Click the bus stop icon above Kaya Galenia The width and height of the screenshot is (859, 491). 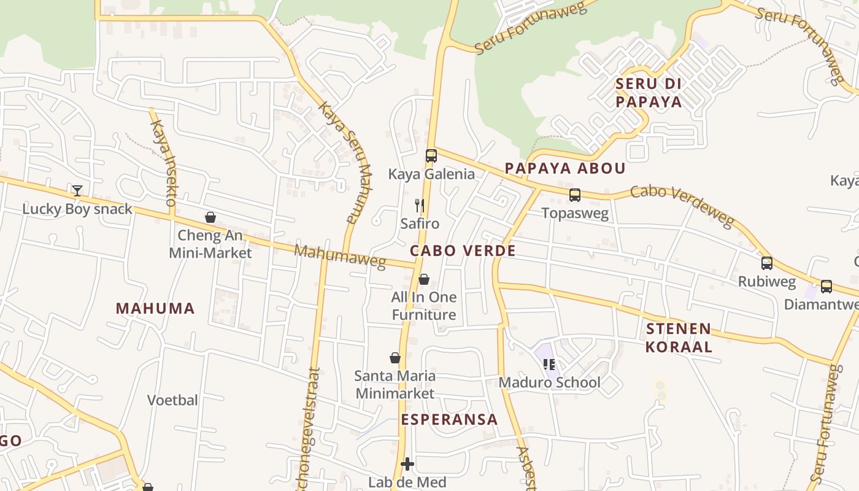(431, 156)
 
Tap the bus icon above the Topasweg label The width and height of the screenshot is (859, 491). (575, 195)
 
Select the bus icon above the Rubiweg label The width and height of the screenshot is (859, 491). (767, 263)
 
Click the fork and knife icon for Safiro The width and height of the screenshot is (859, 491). (420, 205)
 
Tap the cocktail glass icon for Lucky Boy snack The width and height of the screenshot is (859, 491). (77, 191)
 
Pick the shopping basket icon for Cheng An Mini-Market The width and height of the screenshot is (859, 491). (210, 217)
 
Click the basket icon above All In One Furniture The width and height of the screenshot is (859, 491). (424, 280)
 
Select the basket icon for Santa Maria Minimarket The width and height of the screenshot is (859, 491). (395, 358)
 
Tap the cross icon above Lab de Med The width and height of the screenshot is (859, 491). (407, 464)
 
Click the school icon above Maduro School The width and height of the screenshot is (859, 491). (549, 365)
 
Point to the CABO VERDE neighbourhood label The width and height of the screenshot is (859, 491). (463, 250)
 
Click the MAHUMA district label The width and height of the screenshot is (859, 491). (155, 308)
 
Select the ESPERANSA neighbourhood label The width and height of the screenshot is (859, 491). (449, 419)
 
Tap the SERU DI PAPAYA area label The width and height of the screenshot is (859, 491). (649, 93)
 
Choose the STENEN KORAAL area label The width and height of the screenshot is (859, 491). (679, 338)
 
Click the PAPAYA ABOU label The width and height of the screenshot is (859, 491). (565, 168)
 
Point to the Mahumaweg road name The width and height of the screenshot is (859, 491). (340, 256)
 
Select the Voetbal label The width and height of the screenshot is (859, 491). (172, 400)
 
